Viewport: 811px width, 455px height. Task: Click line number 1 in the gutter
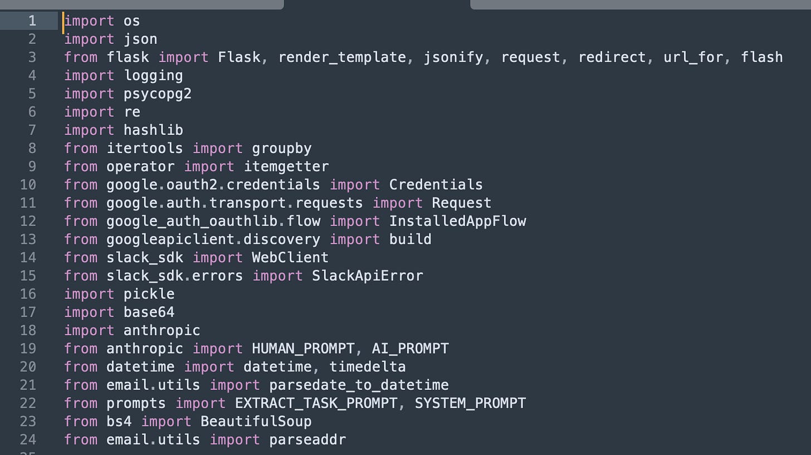pos(32,21)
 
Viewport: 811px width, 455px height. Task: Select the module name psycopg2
pos(158,94)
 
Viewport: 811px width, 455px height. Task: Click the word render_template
pos(342,57)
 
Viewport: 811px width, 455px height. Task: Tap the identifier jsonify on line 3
pos(453,57)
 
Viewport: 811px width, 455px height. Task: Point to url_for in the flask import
pos(693,57)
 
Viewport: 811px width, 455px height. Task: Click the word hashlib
pos(153,130)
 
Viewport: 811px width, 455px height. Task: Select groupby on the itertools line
pos(282,148)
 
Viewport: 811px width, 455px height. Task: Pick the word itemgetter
pos(286,167)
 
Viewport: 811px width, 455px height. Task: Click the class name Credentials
pos(436,184)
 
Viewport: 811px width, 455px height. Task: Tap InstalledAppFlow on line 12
pos(457,221)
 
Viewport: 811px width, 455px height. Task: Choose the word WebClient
pos(290,257)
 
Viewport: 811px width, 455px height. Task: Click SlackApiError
pos(368,276)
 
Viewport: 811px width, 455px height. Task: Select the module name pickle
pos(149,293)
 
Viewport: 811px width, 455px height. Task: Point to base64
pos(149,312)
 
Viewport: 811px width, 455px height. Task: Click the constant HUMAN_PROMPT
pos(303,349)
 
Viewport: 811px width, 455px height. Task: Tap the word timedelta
pos(368,366)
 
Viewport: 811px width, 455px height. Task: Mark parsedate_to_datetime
pos(359,385)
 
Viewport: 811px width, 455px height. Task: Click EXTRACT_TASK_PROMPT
pos(316,403)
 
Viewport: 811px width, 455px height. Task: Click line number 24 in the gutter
pos(28,439)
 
